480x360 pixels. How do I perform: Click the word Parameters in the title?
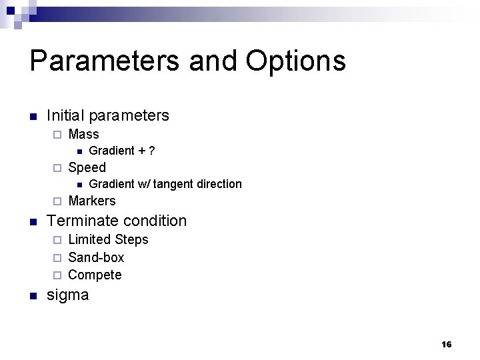click(x=104, y=61)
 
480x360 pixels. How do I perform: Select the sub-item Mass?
click(x=83, y=134)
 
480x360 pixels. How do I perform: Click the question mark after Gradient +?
click(x=152, y=151)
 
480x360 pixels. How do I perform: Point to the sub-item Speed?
click(x=87, y=167)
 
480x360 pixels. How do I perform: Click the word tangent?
click(x=174, y=184)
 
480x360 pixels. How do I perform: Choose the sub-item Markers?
click(x=92, y=201)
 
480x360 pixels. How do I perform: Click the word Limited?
click(x=90, y=239)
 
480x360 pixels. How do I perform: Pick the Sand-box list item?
click(x=96, y=257)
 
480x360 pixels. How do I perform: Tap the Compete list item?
click(x=95, y=275)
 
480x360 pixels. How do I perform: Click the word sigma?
click(x=67, y=295)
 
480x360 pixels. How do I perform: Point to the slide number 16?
click(x=446, y=345)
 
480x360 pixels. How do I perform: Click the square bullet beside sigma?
click(x=33, y=295)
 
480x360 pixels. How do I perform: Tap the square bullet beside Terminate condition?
click(x=33, y=221)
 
